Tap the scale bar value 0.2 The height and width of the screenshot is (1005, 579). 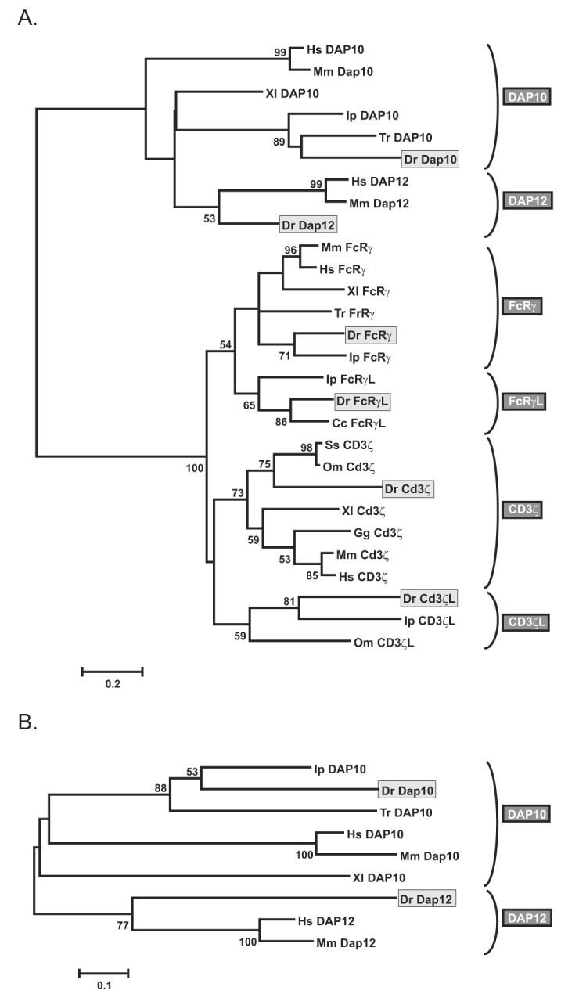pyautogui.click(x=113, y=685)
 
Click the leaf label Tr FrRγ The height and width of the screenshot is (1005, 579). pyautogui.click(x=361, y=313)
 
